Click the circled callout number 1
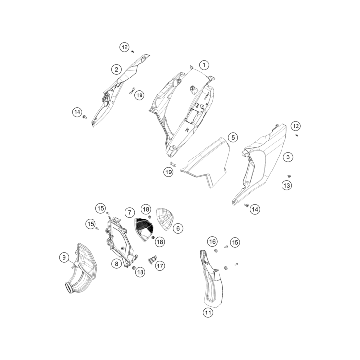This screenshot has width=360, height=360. pyautogui.click(x=204, y=65)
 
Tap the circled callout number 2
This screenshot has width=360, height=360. pyautogui.click(x=116, y=69)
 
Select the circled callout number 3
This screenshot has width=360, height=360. pyautogui.click(x=288, y=157)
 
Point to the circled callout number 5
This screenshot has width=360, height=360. pyautogui.click(x=233, y=138)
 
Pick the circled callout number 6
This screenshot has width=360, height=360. pyautogui.click(x=178, y=228)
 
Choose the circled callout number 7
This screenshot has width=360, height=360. pyautogui.click(x=130, y=213)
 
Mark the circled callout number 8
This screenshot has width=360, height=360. pyautogui.click(x=116, y=264)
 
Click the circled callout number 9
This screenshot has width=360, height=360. pyautogui.click(x=64, y=257)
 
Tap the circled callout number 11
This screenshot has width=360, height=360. pyautogui.click(x=208, y=313)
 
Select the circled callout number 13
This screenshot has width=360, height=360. pyautogui.click(x=287, y=185)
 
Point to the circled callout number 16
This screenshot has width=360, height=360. pyautogui.click(x=212, y=241)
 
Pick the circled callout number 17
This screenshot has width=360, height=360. pyautogui.click(x=160, y=266)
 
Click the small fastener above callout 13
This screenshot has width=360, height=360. pyautogui.click(x=289, y=176)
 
